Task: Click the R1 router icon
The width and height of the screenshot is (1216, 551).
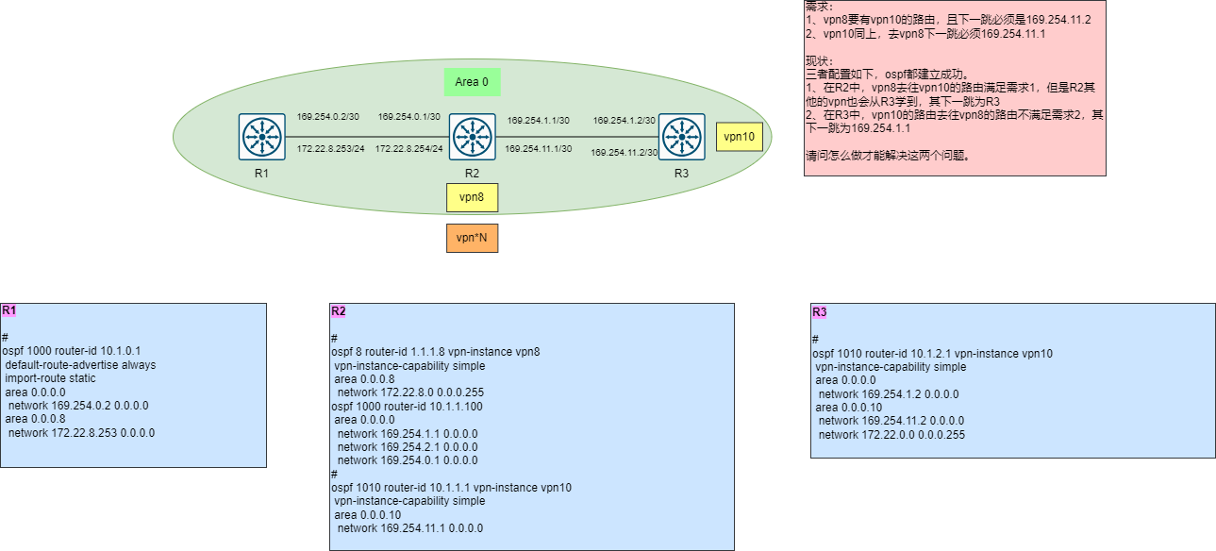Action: (262, 138)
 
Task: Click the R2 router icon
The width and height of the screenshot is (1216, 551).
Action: (472, 138)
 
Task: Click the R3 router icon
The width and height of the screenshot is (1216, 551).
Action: (681, 138)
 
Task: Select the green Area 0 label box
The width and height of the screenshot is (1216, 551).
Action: (472, 82)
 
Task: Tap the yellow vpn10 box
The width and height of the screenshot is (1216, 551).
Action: (739, 137)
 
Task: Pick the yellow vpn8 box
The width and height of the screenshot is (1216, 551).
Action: (472, 197)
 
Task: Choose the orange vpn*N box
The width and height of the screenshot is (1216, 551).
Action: (472, 238)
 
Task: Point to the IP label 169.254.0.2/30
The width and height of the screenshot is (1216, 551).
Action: (328, 117)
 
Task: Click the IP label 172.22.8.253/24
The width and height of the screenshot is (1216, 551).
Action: (331, 149)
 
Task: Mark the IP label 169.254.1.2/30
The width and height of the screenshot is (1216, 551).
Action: (624, 121)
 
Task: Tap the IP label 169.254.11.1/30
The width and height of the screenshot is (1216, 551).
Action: (537, 149)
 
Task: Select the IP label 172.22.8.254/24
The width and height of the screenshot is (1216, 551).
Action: (409, 149)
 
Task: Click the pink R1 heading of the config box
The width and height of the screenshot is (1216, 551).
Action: (9, 310)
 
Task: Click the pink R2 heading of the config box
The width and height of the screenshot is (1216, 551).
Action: (339, 311)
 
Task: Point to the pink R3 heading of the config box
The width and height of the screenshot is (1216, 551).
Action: (819, 312)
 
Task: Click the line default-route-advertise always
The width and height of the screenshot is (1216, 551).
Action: (80, 365)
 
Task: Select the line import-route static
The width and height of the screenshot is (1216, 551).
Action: (50, 378)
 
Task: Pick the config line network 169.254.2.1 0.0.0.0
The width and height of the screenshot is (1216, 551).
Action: (408, 447)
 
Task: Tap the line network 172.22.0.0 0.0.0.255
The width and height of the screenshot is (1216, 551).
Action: (891, 435)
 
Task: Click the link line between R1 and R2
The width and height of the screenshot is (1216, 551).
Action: (366, 135)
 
